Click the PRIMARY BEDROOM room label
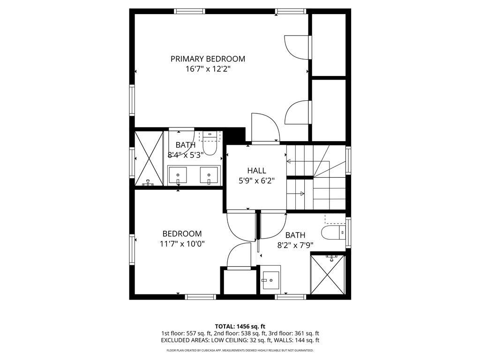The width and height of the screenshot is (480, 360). coord(208,59)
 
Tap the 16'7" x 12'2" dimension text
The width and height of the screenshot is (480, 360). coord(208,69)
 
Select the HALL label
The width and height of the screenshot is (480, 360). coord(256,171)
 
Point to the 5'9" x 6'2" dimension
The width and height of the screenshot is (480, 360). coord(256,180)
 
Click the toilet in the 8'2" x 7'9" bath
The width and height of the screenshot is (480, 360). coord(332,232)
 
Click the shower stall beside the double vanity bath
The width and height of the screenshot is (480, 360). coord(149,158)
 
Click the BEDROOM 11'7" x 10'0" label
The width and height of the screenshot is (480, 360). coord(182,239)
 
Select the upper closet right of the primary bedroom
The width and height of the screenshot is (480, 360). coord(329,45)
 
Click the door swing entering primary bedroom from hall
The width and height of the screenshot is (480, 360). coord(265,127)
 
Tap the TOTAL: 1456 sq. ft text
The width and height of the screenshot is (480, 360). coord(240,326)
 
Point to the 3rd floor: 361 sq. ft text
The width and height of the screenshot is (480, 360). coord(294,333)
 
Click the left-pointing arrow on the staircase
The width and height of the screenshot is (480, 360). coord(289,161)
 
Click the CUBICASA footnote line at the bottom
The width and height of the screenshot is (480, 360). coord(240,350)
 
